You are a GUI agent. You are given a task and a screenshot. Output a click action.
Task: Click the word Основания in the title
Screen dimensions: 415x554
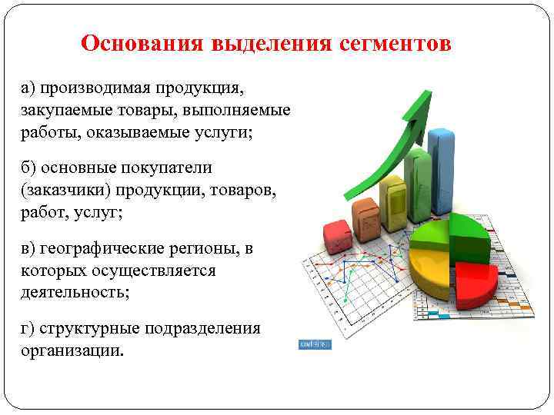(138, 43)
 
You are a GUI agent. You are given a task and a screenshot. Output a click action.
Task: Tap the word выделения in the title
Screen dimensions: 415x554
(265, 43)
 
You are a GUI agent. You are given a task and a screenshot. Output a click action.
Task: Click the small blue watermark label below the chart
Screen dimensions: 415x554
(314, 345)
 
